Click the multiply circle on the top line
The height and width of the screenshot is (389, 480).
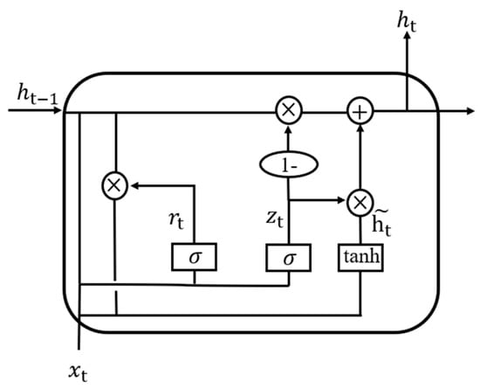pyautogui.click(x=288, y=111)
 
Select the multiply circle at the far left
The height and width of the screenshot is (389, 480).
pyautogui.click(x=115, y=184)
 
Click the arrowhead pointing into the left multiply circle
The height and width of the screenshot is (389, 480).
pyautogui.click(x=134, y=184)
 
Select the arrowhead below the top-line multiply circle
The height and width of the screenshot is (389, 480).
pyautogui.click(x=288, y=129)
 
